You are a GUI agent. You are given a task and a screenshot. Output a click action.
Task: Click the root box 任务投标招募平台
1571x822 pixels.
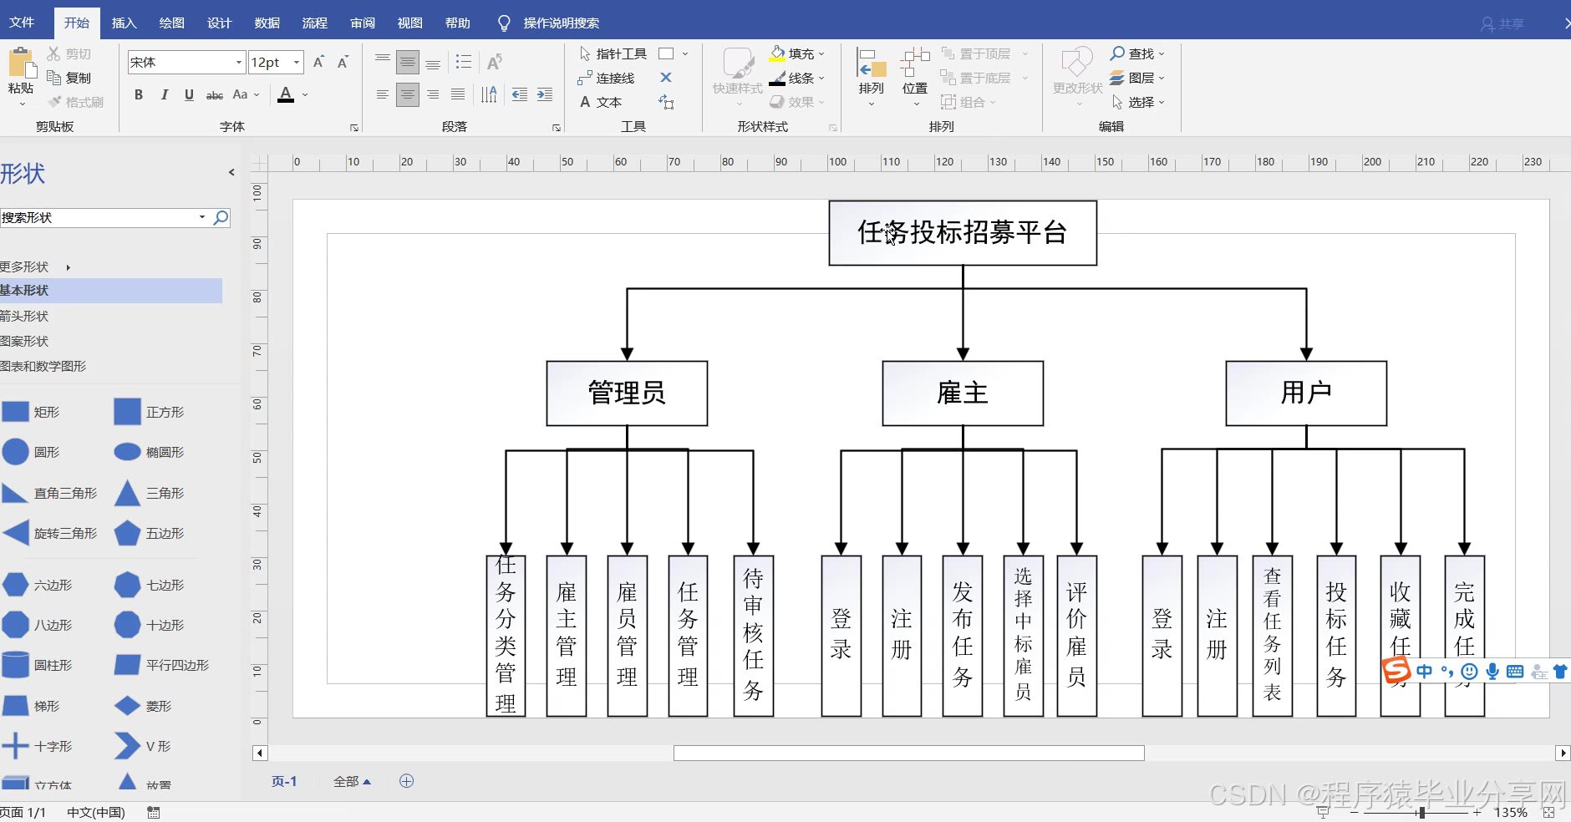click(x=962, y=233)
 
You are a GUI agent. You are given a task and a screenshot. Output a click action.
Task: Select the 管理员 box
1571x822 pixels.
click(x=627, y=393)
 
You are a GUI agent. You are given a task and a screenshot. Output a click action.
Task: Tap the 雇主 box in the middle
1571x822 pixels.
click(x=963, y=393)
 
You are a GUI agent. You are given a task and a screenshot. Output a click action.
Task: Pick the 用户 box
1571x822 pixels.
click(x=1305, y=393)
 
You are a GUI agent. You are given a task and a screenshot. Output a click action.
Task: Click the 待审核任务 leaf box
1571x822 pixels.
click(x=753, y=636)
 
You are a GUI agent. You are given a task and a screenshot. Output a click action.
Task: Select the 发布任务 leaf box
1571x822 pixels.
click(x=963, y=636)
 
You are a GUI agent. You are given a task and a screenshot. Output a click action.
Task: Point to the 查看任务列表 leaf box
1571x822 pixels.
click(x=1272, y=636)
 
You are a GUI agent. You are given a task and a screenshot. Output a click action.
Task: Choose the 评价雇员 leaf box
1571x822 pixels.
click(x=1076, y=636)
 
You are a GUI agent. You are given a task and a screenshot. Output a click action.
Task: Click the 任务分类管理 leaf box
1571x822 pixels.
click(x=506, y=636)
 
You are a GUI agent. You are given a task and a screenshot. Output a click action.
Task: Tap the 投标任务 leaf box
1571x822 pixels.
click(x=1335, y=636)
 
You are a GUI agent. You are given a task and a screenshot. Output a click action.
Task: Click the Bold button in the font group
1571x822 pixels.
click(x=139, y=95)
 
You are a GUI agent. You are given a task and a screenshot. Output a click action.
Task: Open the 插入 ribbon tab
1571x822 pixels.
click(x=124, y=23)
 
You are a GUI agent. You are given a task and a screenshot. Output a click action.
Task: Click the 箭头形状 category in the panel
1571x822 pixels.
click(x=25, y=316)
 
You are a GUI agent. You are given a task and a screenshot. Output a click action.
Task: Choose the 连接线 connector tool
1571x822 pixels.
click(x=607, y=78)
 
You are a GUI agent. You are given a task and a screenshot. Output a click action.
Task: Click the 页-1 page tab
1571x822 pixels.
click(x=284, y=781)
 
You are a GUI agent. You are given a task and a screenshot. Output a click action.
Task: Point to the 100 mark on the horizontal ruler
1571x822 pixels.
click(x=836, y=162)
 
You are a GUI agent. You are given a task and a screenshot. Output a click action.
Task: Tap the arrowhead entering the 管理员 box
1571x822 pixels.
click(x=627, y=354)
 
